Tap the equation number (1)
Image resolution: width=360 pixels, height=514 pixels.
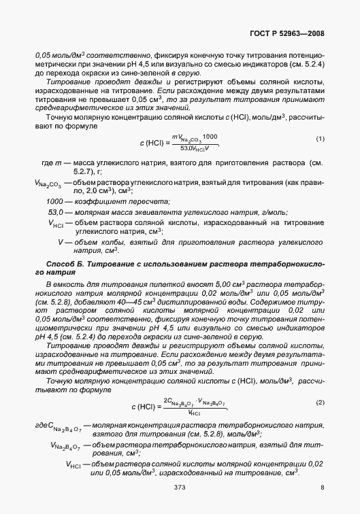(321, 139)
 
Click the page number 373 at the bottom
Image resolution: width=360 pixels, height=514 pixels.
(180, 487)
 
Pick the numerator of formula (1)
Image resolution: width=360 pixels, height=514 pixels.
(191, 136)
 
